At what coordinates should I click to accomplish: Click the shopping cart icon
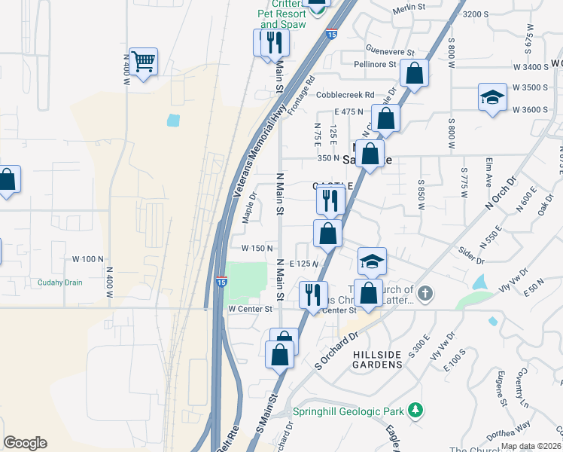[143, 62]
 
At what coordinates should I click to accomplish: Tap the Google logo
[25, 443]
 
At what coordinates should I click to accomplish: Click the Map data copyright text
[531, 446]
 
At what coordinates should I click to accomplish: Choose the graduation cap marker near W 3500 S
[492, 97]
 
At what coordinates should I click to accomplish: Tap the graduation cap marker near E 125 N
[371, 261]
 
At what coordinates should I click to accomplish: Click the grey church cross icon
[425, 293]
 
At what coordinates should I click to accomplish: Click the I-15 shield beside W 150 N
[221, 280]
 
